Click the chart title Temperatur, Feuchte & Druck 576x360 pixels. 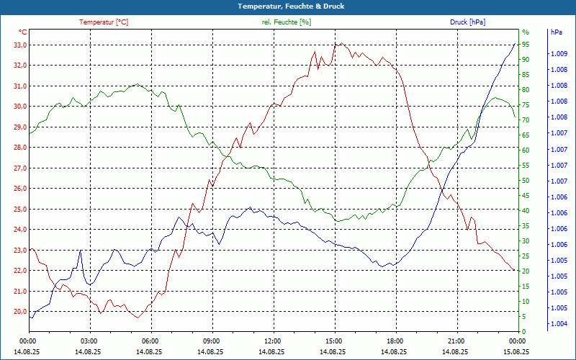click(x=288, y=6)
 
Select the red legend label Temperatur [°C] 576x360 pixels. click(x=104, y=22)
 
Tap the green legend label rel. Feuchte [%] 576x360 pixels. click(x=287, y=22)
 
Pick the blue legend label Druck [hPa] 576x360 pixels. click(x=467, y=22)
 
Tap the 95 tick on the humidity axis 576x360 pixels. click(x=526, y=45)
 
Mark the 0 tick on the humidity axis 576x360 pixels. click(x=524, y=332)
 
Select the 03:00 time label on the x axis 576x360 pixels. click(x=89, y=341)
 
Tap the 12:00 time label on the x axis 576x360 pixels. click(x=272, y=341)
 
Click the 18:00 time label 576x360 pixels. click(x=395, y=341)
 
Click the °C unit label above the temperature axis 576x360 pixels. click(x=23, y=32)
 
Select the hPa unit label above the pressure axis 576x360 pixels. click(x=557, y=32)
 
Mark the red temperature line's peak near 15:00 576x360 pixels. click(x=335, y=44)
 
